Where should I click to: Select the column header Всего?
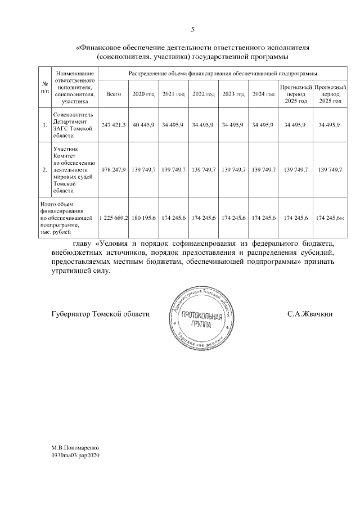click(x=114, y=93)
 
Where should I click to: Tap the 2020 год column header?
click(x=143, y=93)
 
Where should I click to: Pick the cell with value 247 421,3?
click(x=114, y=124)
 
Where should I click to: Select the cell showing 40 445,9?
click(x=143, y=124)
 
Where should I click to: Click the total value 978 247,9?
click(x=114, y=169)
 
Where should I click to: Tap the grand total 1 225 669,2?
click(x=114, y=217)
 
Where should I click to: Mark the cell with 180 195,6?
click(x=143, y=217)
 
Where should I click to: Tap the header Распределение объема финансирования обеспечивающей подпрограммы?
click(x=222, y=74)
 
